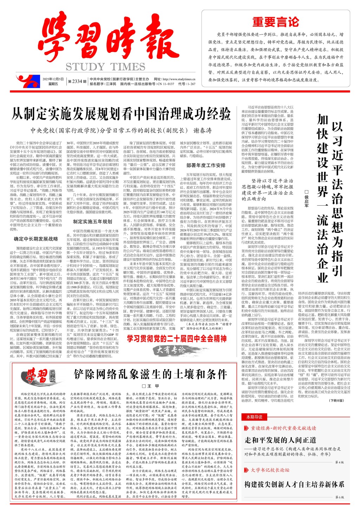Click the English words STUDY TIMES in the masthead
pos(105,67)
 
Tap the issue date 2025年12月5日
pos(53,79)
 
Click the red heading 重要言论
pos(275,22)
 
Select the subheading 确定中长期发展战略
pos(36,239)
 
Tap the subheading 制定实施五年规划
pos(93,221)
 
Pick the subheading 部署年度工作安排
pos(206,165)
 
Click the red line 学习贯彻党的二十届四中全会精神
pos(177,339)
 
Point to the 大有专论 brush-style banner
pos(171,350)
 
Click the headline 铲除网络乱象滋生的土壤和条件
pos(150,374)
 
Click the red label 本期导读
pos(254,417)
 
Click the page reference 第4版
pos(339,462)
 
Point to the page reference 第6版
pos(339,497)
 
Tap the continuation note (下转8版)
pos(337,400)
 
